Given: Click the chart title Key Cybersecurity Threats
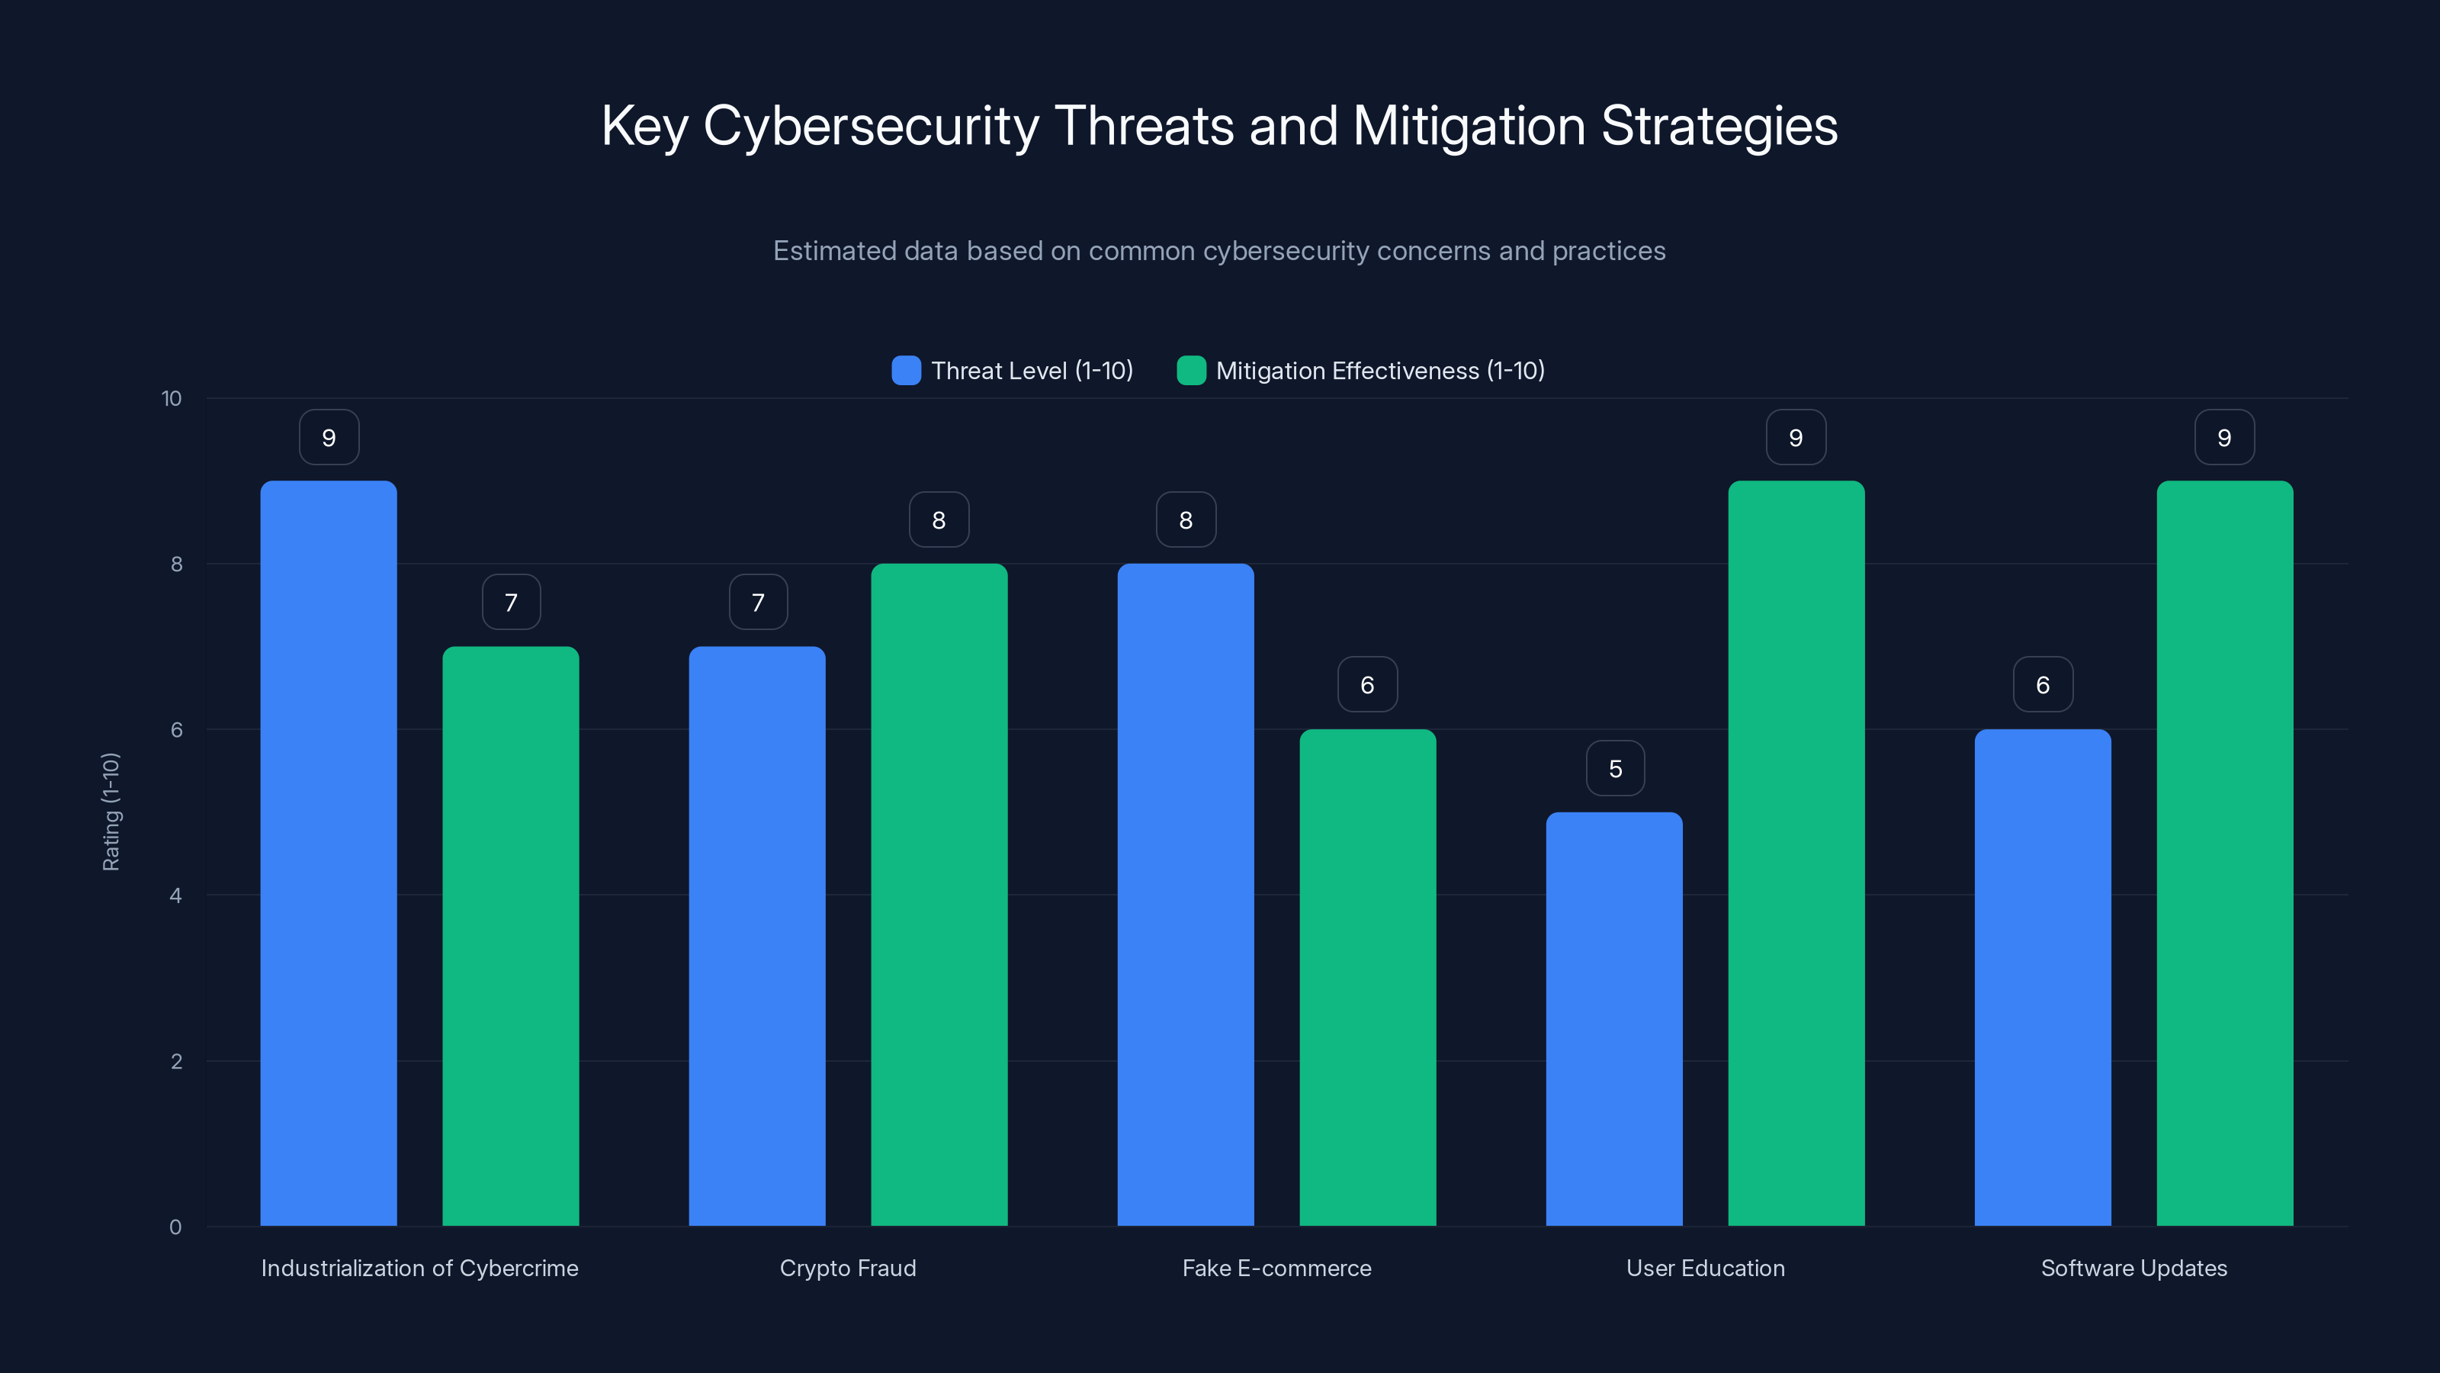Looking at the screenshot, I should click(x=1219, y=126).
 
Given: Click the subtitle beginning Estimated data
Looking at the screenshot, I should click(x=1219, y=251).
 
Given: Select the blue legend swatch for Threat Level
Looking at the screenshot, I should click(x=906, y=371).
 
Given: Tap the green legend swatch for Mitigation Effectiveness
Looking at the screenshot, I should click(x=1190, y=371).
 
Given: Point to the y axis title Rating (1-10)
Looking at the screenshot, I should click(x=111, y=812).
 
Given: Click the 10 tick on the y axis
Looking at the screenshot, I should click(x=172, y=399).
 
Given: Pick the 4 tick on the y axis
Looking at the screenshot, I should click(x=175, y=896).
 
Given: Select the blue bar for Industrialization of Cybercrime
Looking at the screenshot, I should click(x=329, y=853).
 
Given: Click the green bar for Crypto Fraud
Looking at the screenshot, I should click(x=939, y=896).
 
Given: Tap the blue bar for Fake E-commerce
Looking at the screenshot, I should click(x=1185, y=896).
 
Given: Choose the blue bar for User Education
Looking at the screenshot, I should click(x=1614, y=1018).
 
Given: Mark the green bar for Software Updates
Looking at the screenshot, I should click(x=2224, y=853).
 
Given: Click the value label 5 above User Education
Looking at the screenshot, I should click(x=1615, y=768).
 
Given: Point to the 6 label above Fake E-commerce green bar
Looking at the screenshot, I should click(x=1367, y=685).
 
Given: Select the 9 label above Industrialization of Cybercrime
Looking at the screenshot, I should click(x=329, y=438).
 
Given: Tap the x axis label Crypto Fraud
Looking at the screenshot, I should click(x=848, y=1268).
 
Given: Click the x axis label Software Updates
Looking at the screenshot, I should click(x=2133, y=1268).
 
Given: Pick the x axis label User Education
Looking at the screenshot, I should click(x=1705, y=1268).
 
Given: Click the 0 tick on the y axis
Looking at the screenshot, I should click(x=175, y=1227).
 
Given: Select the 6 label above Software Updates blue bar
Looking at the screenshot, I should click(x=2042, y=685).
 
